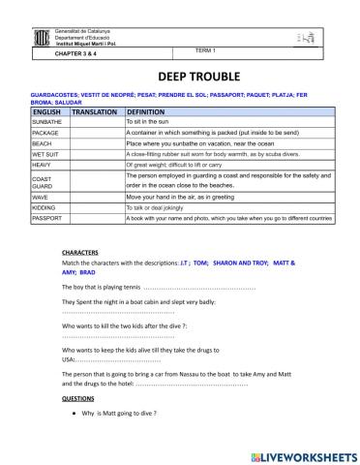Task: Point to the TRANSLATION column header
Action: click(95, 112)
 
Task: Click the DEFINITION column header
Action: click(147, 112)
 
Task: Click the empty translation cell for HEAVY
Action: click(95, 165)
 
